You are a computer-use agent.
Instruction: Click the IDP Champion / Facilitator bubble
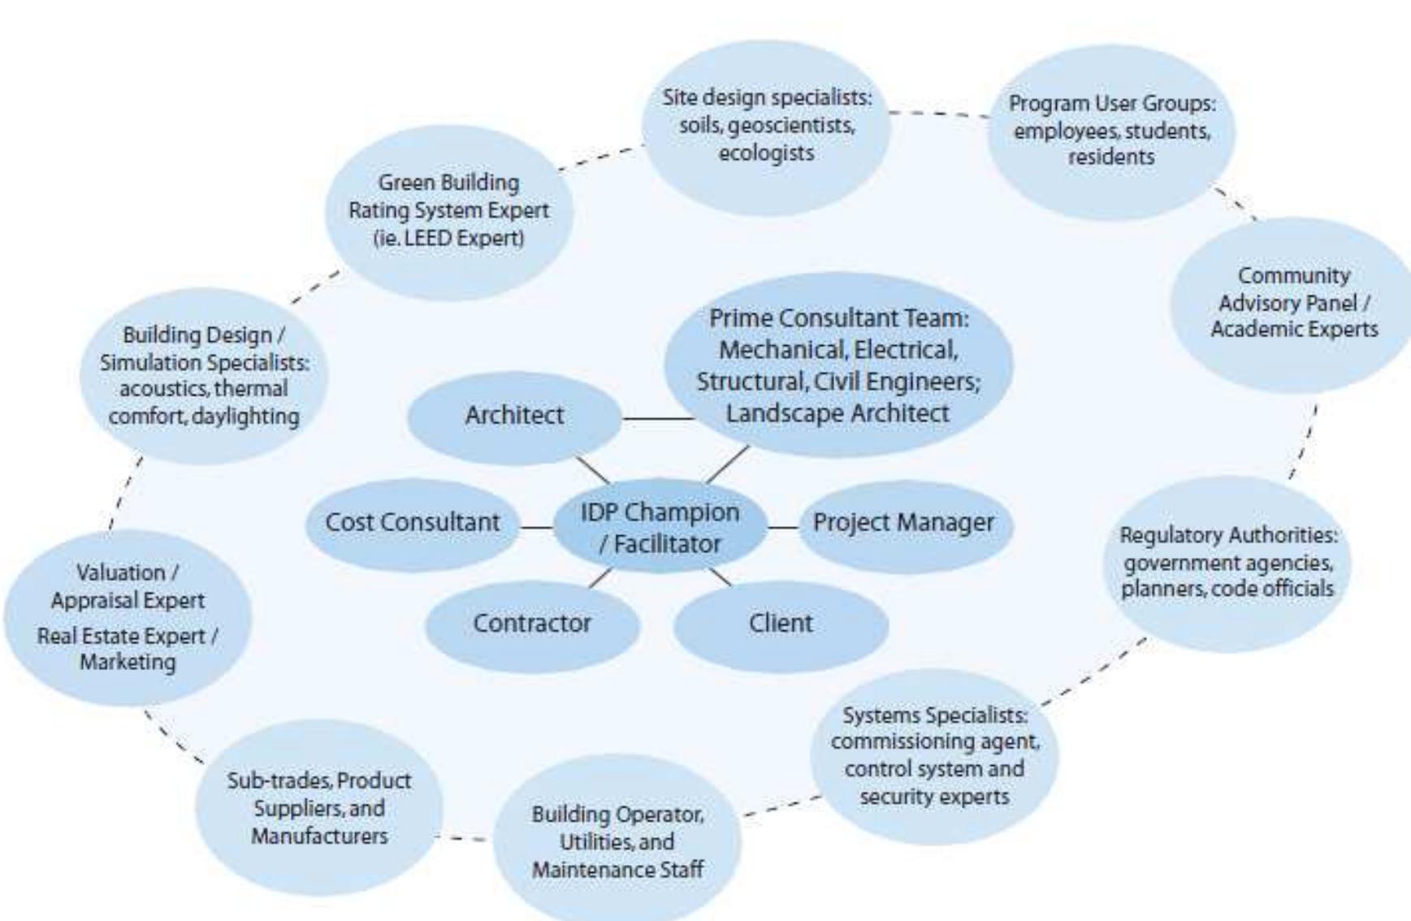coord(660,528)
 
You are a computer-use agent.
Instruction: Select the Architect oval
coord(513,416)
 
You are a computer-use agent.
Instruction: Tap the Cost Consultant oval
coord(412,523)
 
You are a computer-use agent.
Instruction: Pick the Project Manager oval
coord(903,523)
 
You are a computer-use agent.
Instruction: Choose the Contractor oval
coord(532,624)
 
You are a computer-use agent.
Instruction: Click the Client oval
coord(780,624)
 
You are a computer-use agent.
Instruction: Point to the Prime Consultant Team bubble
coord(838,365)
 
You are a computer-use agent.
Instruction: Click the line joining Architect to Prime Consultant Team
coord(658,419)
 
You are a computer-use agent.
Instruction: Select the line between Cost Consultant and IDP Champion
coord(536,528)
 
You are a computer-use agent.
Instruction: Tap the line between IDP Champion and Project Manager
coord(783,528)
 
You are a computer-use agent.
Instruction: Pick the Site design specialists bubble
coord(766,126)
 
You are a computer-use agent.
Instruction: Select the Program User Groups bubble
coord(1110,131)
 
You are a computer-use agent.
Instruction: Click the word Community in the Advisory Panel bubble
coord(1293,275)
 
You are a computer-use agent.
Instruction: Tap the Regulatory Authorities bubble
coord(1227,562)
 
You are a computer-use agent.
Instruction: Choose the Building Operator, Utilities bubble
coord(617,841)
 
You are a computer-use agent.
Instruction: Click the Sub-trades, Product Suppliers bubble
coord(318,808)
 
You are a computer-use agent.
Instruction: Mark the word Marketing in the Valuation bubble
coord(128,662)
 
